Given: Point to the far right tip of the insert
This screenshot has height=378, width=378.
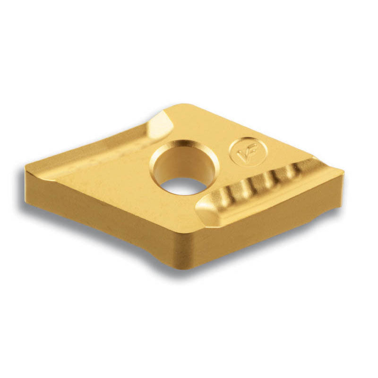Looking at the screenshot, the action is tap(344, 172).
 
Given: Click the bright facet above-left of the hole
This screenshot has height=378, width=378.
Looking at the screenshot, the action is tap(160, 125).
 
